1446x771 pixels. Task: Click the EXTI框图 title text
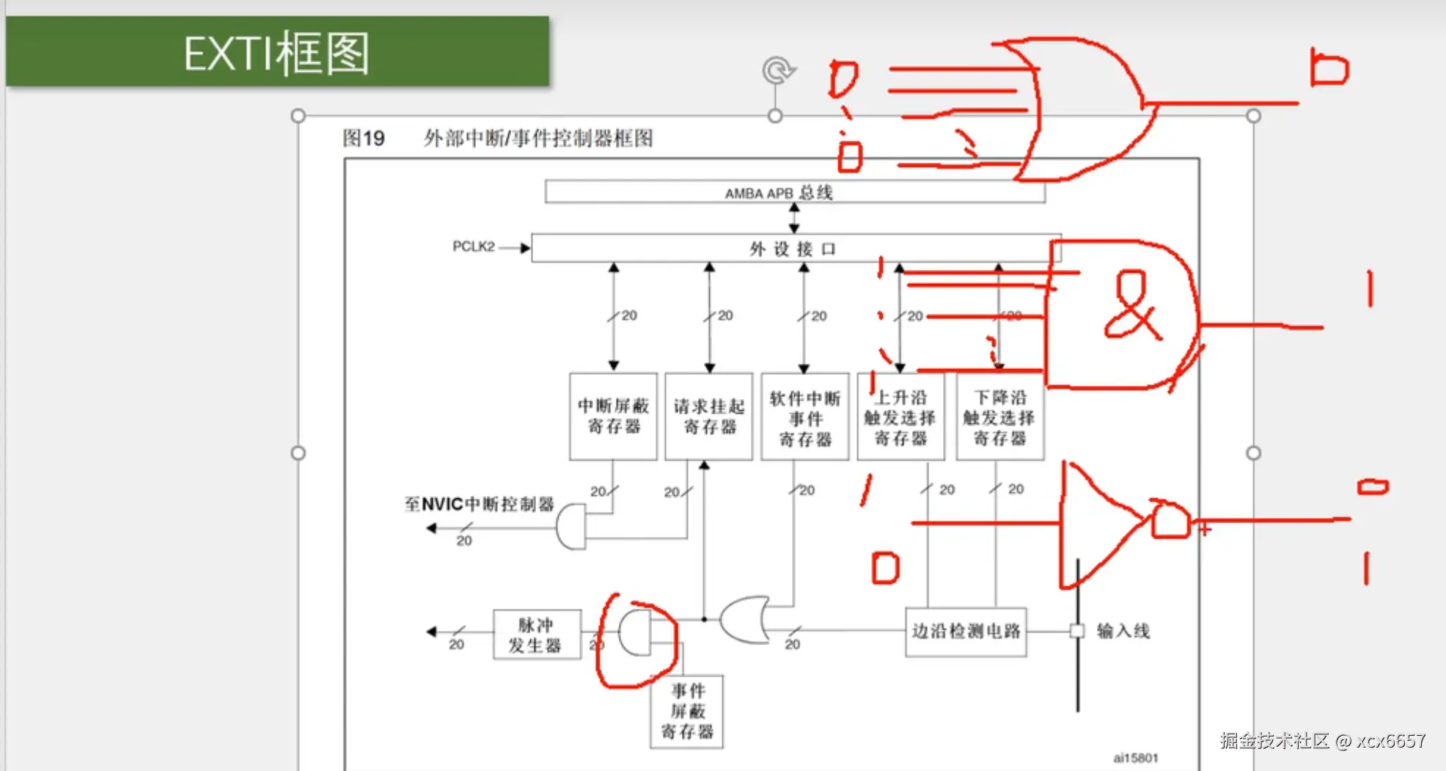[x=276, y=53]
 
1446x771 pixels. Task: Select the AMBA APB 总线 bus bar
[x=795, y=192]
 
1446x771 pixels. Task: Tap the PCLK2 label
[x=473, y=246]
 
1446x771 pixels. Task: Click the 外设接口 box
[x=795, y=249]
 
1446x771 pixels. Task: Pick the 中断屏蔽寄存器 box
[x=613, y=416]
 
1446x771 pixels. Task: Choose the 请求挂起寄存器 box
[x=708, y=416]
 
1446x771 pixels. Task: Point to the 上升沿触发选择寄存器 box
[x=900, y=417]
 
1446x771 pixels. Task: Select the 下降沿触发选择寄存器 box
[x=999, y=417]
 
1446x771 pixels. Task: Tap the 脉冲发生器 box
[x=536, y=635]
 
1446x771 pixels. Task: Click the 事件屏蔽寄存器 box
[x=686, y=711]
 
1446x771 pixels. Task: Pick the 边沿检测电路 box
[x=966, y=632]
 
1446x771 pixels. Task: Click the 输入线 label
[x=1123, y=631]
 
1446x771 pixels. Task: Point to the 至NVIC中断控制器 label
[x=479, y=504]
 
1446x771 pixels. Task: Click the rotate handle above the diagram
[x=777, y=70]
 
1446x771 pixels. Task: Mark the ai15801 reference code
[x=1135, y=758]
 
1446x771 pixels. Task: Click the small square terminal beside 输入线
[x=1077, y=631]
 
